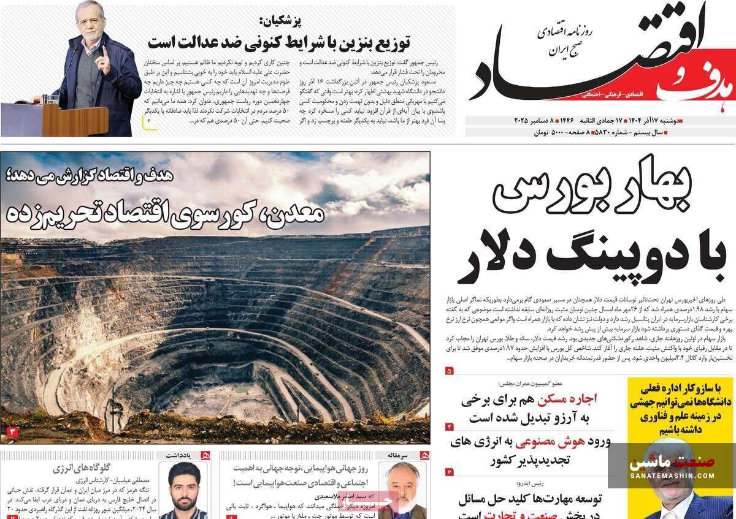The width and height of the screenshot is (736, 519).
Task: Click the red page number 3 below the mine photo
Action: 12,433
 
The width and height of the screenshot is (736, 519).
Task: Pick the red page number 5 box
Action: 449,371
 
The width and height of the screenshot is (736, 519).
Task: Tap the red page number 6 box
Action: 449,472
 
